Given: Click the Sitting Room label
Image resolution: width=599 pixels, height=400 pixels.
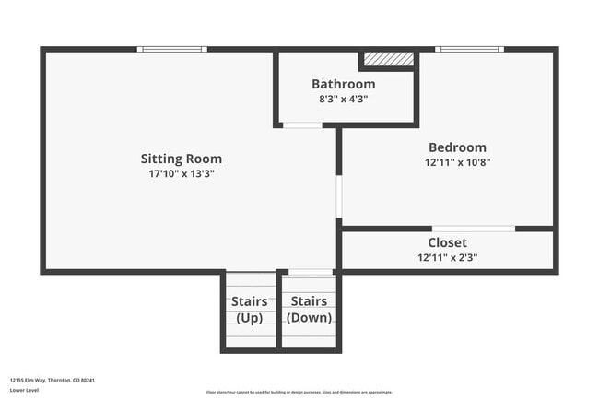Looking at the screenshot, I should click(181, 159).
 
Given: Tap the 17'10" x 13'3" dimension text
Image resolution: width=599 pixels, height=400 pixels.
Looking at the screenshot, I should click(181, 173).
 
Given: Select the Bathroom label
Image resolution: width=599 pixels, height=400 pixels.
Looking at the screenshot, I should click(343, 84).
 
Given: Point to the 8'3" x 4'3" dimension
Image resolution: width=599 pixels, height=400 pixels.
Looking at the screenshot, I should click(343, 99).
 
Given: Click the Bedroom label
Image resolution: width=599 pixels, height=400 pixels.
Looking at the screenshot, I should click(457, 147).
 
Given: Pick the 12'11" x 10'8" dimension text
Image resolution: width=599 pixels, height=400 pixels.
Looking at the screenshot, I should click(457, 162).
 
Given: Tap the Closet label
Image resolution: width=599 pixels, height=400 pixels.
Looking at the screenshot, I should click(447, 242).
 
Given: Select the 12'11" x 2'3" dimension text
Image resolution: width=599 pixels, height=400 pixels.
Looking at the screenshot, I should click(447, 258).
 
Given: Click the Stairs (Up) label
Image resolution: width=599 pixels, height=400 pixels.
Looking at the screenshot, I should click(250, 310).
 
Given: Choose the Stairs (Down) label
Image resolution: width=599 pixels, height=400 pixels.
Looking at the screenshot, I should click(310, 310).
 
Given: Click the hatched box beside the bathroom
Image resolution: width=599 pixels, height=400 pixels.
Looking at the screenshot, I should click(388, 59).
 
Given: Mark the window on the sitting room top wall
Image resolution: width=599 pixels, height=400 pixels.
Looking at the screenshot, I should click(171, 49).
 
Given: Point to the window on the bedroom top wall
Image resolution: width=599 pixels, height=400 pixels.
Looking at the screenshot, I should click(469, 49).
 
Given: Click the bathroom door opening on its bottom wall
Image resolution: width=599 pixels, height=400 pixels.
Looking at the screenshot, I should click(302, 124).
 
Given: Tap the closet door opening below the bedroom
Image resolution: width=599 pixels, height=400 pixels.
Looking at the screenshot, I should click(473, 228).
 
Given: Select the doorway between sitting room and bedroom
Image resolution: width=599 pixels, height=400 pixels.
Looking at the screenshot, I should click(339, 195).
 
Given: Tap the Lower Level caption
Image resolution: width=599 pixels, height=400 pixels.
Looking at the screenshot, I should click(25, 390).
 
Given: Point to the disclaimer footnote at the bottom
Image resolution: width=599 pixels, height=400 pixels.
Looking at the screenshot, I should click(299, 392).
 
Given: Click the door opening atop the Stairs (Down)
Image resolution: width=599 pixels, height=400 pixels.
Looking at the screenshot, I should click(311, 272).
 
